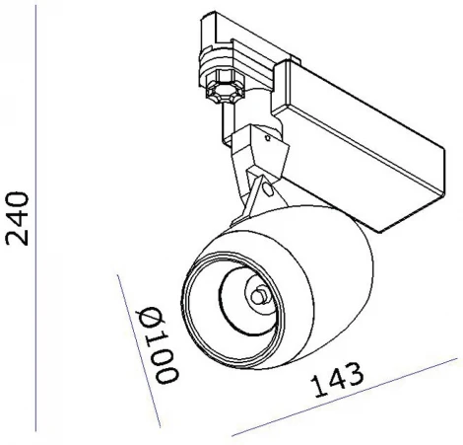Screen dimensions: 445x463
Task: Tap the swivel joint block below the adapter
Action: [x=258, y=148]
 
